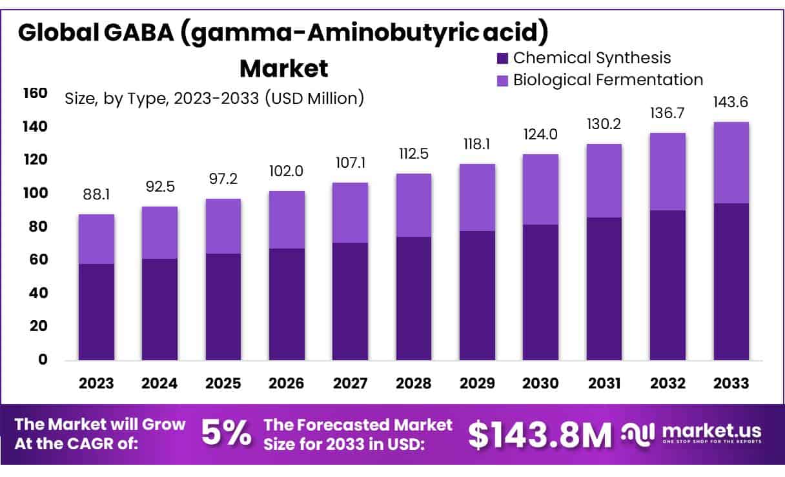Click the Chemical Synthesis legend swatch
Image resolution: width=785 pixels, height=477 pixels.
pyautogui.click(x=503, y=58)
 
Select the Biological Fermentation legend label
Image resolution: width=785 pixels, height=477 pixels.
pyautogui.click(x=607, y=80)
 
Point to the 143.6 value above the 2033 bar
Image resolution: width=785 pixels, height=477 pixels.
pyautogui.click(x=731, y=103)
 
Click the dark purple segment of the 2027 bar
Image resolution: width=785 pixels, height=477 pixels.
pyautogui.click(x=350, y=301)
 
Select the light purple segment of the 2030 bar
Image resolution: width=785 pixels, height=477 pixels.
pyautogui.click(x=540, y=189)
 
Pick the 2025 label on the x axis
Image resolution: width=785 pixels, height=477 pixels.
pyautogui.click(x=223, y=383)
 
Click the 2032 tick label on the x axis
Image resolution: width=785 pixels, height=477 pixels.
pyautogui.click(x=668, y=383)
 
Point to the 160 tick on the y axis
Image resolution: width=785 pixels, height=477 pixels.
pyautogui.click(x=36, y=94)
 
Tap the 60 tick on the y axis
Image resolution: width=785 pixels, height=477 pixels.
pyautogui.click(x=39, y=259)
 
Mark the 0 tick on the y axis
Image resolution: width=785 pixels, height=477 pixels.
pyautogui.click(x=43, y=360)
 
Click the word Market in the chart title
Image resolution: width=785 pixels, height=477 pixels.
pyautogui.click(x=283, y=68)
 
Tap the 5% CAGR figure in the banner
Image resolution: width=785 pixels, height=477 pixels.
pyautogui.click(x=226, y=434)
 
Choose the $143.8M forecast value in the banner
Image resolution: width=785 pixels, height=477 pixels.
pyautogui.click(x=539, y=434)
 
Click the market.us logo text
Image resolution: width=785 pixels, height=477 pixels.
pyautogui.click(x=711, y=431)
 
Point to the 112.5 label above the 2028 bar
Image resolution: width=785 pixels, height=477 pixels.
pyautogui.click(x=413, y=154)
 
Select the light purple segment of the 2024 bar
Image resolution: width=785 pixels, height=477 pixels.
pyautogui.click(x=159, y=232)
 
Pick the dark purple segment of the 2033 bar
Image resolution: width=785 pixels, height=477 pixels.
pyautogui.click(x=731, y=281)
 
